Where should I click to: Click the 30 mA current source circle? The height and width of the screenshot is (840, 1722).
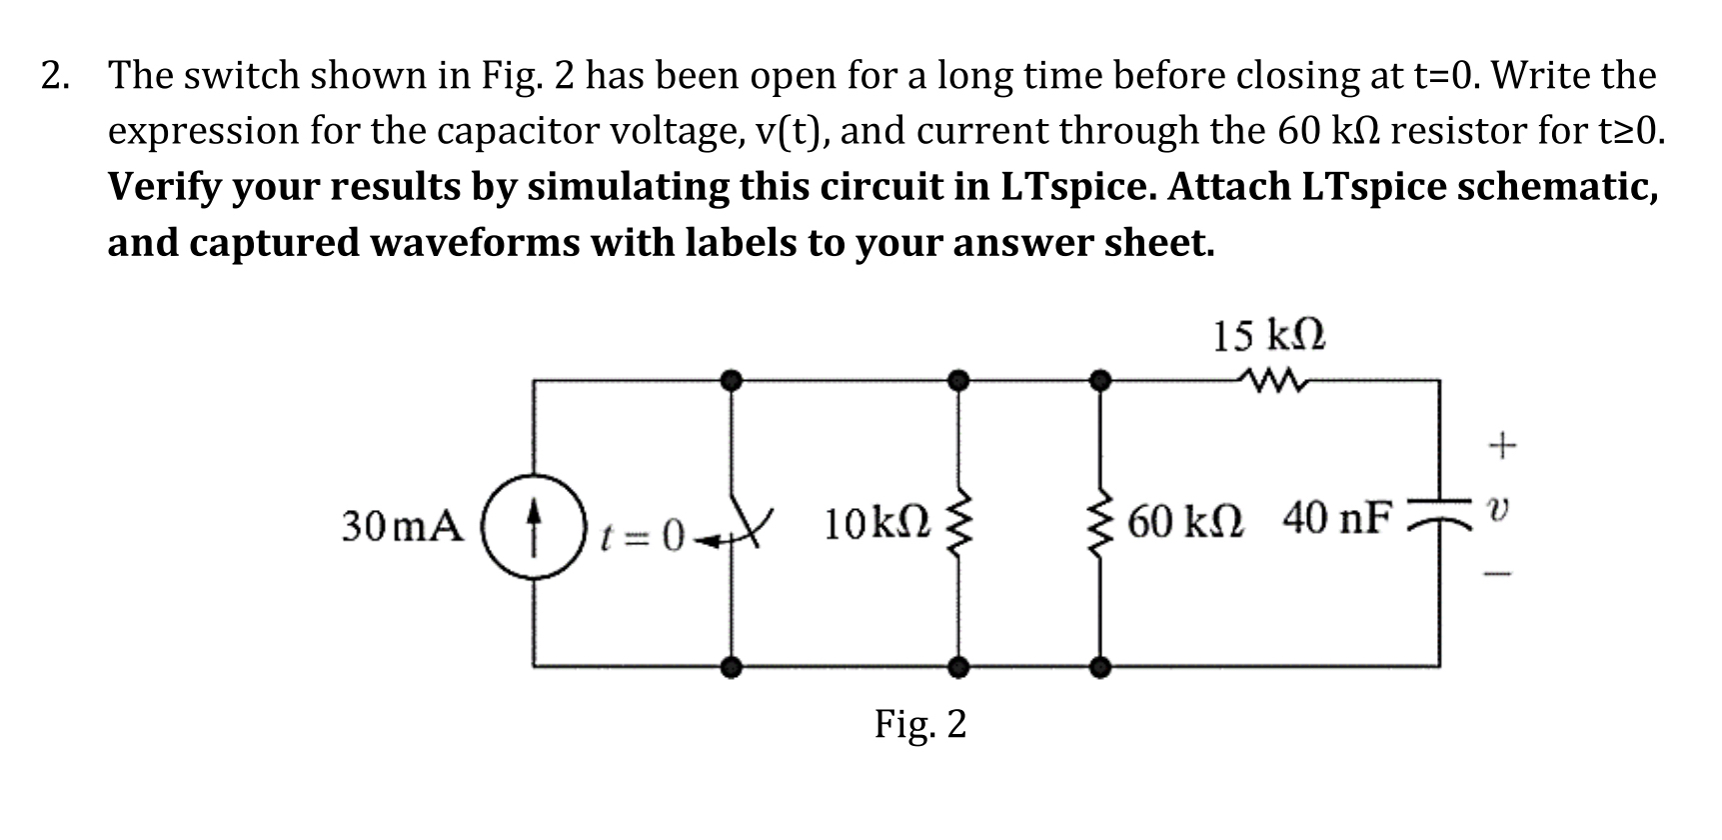[x=534, y=524]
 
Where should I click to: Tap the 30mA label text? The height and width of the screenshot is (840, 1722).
[x=403, y=526]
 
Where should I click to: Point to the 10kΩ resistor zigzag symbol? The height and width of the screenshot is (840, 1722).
[x=958, y=524]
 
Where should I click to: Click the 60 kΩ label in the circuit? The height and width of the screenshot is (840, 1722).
[x=1186, y=522]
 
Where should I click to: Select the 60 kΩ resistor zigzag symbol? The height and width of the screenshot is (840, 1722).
[x=1101, y=524]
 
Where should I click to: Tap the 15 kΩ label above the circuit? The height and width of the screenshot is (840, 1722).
[x=1268, y=337]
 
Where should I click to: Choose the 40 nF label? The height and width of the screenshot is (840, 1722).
[x=1336, y=520]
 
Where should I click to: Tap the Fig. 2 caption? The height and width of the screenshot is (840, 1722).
[x=920, y=723]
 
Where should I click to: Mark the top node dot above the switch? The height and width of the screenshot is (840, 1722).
[x=733, y=379]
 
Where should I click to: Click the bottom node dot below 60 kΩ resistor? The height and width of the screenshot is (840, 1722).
[x=1100, y=665]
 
